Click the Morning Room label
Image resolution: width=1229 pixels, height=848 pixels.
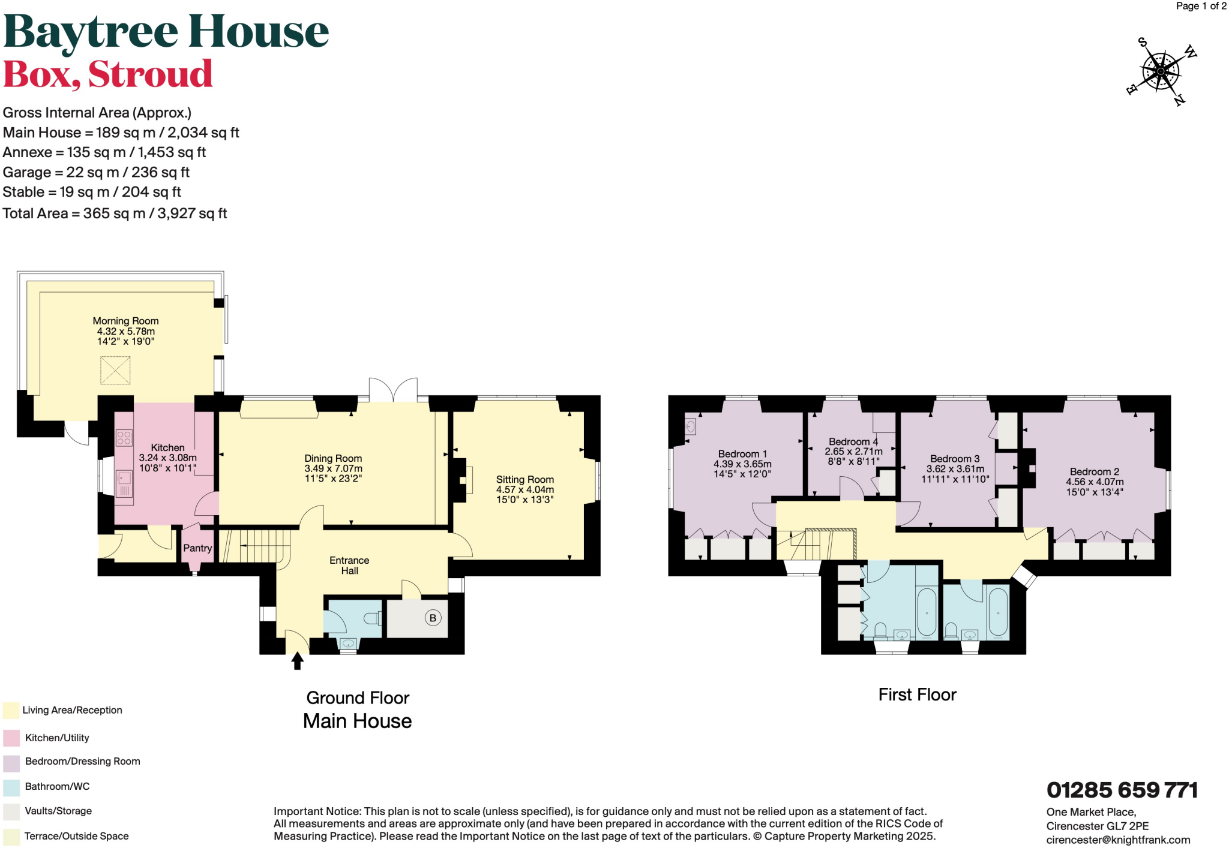125,321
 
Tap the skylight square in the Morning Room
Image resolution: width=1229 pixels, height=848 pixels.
115,370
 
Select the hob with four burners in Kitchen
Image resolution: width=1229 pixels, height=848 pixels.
124,438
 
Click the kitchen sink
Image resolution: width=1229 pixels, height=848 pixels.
124,483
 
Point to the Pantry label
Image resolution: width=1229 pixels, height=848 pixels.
197,548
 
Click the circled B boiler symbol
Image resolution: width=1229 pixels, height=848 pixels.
433,618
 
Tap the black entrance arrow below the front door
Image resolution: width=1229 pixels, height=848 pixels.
297,661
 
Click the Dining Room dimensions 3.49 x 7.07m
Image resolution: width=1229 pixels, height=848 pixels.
333,468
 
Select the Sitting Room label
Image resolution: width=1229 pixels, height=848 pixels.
524,479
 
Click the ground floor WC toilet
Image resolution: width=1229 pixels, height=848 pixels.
373,618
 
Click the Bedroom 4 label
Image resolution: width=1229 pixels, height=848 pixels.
853,441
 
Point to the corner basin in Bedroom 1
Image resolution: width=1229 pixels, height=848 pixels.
691,426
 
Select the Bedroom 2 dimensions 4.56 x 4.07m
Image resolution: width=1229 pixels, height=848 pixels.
1095,482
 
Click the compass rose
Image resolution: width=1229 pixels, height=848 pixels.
1160,71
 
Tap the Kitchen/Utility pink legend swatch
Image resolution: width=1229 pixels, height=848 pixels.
11,738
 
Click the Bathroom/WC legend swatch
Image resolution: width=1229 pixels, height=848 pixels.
11,787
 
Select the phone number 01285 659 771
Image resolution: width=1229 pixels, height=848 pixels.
1122,790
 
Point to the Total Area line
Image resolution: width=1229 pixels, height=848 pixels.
115,213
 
